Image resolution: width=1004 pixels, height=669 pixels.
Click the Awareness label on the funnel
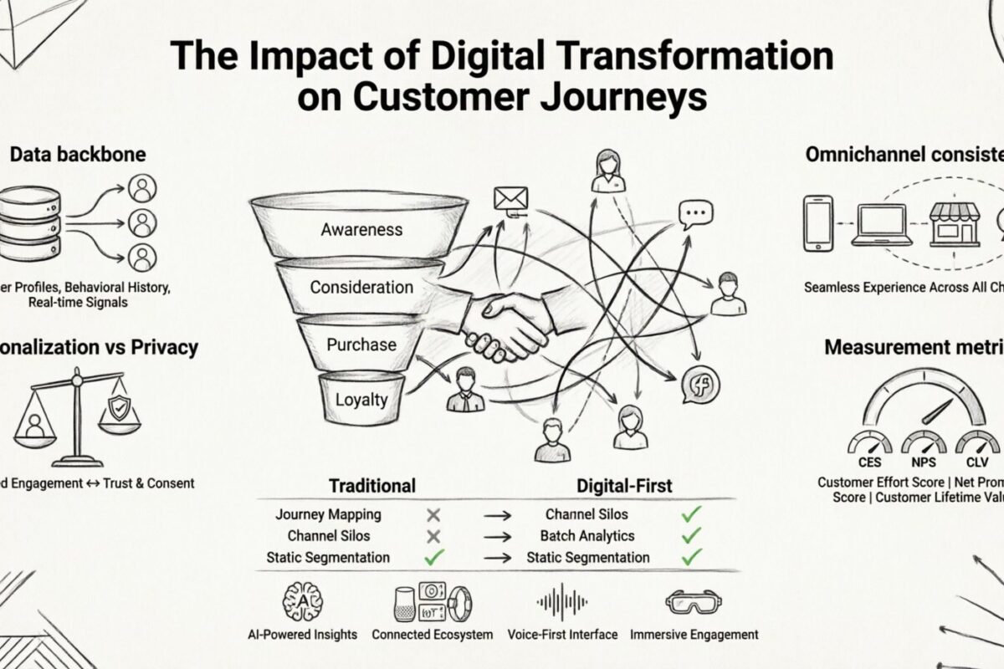pyautogui.click(x=361, y=229)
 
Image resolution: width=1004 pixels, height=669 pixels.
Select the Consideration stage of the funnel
pyautogui.click(x=361, y=287)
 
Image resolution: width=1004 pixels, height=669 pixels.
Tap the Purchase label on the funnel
pyautogui.click(x=361, y=345)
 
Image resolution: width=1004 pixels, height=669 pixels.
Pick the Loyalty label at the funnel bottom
pyautogui.click(x=361, y=399)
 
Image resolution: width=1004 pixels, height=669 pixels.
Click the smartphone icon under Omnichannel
pyautogui.click(x=817, y=223)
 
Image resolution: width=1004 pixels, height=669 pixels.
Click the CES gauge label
pyautogui.click(x=869, y=462)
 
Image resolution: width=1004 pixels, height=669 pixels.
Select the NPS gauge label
pyautogui.click(x=924, y=462)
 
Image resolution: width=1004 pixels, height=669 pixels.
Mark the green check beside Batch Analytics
pyautogui.click(x=691, y=535)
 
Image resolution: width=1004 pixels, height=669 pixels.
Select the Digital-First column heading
pyautogui.click(x=624, y=485)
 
